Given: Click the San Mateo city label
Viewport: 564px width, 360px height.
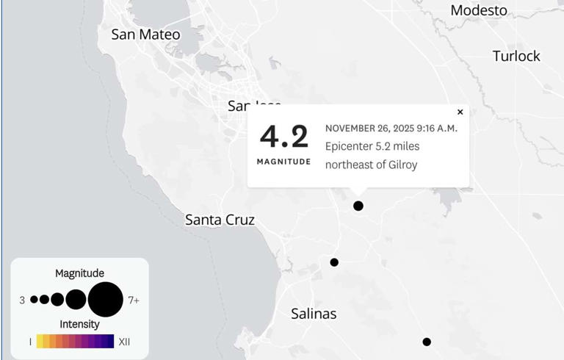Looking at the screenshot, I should (x=145, y=34).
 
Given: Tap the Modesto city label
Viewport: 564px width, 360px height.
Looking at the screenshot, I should (x=479, y=10).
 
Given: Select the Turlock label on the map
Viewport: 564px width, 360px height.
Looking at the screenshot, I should (x=516, y=56).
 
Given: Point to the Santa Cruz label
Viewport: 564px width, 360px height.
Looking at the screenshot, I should (x=220, y=220).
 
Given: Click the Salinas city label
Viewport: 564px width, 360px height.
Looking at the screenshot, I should (x=314, y=314).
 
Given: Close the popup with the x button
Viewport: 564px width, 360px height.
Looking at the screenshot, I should (x=460, y=112).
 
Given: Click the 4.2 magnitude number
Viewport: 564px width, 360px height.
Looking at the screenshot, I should (x=283, y=137).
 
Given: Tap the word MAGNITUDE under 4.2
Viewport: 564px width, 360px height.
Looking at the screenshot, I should (x=283, y=161).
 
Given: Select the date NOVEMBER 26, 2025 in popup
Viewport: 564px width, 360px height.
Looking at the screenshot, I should (x=369, y=128).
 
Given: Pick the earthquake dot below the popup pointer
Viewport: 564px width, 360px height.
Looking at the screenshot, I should (x=358, y=206).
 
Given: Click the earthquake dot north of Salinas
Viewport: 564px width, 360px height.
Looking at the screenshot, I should (x=334, y=262).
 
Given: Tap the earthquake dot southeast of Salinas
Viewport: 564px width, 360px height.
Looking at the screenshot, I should (x=427, y=342).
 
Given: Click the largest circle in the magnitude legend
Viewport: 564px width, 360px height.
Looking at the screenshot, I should (x=105, y=300).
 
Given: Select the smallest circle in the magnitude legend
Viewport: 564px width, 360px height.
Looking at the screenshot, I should (x=34, y=300).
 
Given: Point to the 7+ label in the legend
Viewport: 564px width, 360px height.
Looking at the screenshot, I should (x=134, y=300).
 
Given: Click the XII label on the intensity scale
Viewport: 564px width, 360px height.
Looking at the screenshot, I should (x=124, y=342).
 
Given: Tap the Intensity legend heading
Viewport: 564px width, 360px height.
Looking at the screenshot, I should (x=79, y=324).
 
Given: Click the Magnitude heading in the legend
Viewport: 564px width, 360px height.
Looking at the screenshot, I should (x=79, y=273).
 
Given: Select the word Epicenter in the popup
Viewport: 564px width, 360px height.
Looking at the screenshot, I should (x=348, y=146).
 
